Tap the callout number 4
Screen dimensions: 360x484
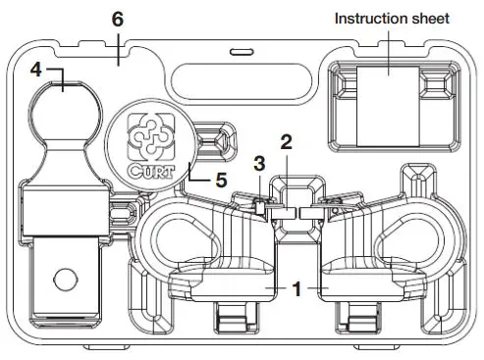pyautogui.click(x=36, y=71)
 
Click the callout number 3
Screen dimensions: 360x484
pyautogui.click(x=259, y=162)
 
